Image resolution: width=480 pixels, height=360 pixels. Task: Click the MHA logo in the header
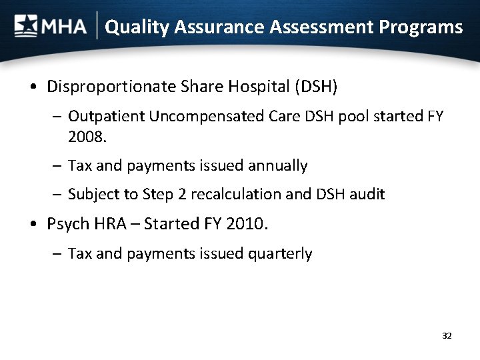(51, 27)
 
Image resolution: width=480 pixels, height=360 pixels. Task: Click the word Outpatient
(107, 117)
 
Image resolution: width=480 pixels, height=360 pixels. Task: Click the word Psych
(67, 224)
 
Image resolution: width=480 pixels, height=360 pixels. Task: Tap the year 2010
(247, 224)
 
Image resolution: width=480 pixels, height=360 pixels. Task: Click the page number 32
(447, 336)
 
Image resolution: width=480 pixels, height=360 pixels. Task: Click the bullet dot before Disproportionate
(33, 87)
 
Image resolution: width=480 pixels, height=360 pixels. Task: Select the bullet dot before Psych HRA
(33, 225)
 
